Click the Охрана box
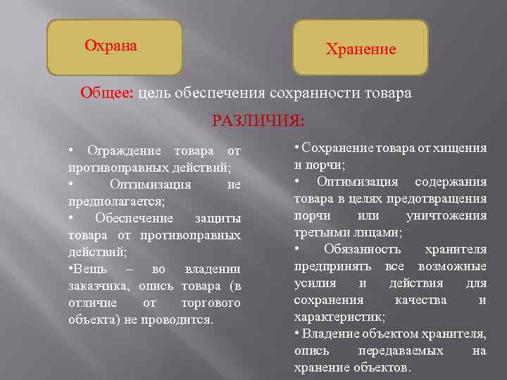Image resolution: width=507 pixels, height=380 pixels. [x=114, y=46]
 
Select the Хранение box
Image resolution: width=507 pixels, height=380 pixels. [x=360, y=48]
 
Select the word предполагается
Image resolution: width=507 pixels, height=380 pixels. [x=115, y=201]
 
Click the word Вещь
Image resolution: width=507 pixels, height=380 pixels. [x=89, y=269]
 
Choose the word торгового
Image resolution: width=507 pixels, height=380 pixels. [x=211, y=303]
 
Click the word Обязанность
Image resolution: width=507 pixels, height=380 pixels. [x=362, y=249]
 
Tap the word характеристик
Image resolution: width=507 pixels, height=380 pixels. [x=338, y=317]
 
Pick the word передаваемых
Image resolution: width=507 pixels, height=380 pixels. [x=401, y=350]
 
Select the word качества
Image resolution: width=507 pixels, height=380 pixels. [x=420, y=300]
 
